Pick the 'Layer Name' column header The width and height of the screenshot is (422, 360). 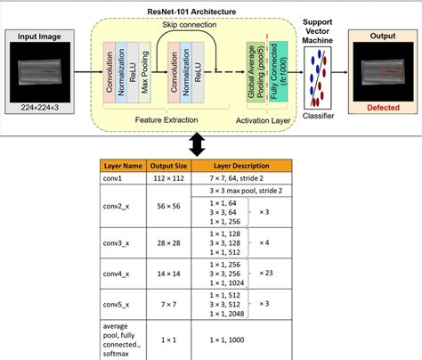click(x=123, y=166)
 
